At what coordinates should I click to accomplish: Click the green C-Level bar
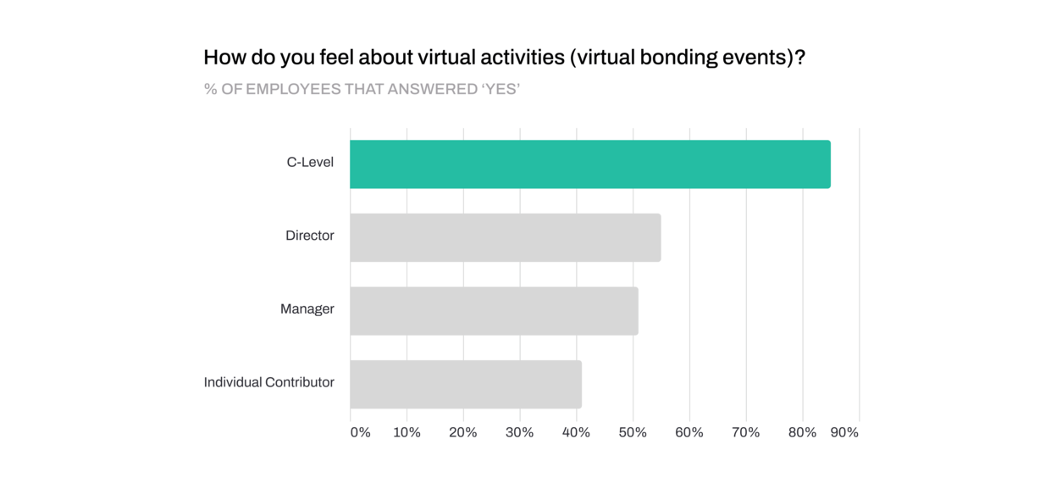(x=589, y=164)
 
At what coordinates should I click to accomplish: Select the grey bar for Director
(x=505, y=237)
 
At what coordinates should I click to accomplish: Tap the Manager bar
(x=494, y=311)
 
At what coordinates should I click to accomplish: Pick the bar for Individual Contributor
(x=465, y=384)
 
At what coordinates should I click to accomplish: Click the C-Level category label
(x=310, y=162)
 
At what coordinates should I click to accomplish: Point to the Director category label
(x=309, y=236)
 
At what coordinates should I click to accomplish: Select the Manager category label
(x=307, y=309)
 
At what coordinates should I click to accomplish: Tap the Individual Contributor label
(x=268, y=382)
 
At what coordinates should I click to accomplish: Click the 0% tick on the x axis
(x=360, y=432)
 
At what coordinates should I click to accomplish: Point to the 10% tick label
(x=407, y=432)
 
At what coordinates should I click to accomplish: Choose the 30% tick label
(x=519, y=432)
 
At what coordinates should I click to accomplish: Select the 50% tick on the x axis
(x=633, y=432)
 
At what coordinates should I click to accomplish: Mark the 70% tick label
(x=745, y=432)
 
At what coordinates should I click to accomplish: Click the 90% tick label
(x=844, y=432)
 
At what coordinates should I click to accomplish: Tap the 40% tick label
(x=576, y=432)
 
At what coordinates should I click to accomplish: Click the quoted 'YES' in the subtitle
(x=501, y=88)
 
